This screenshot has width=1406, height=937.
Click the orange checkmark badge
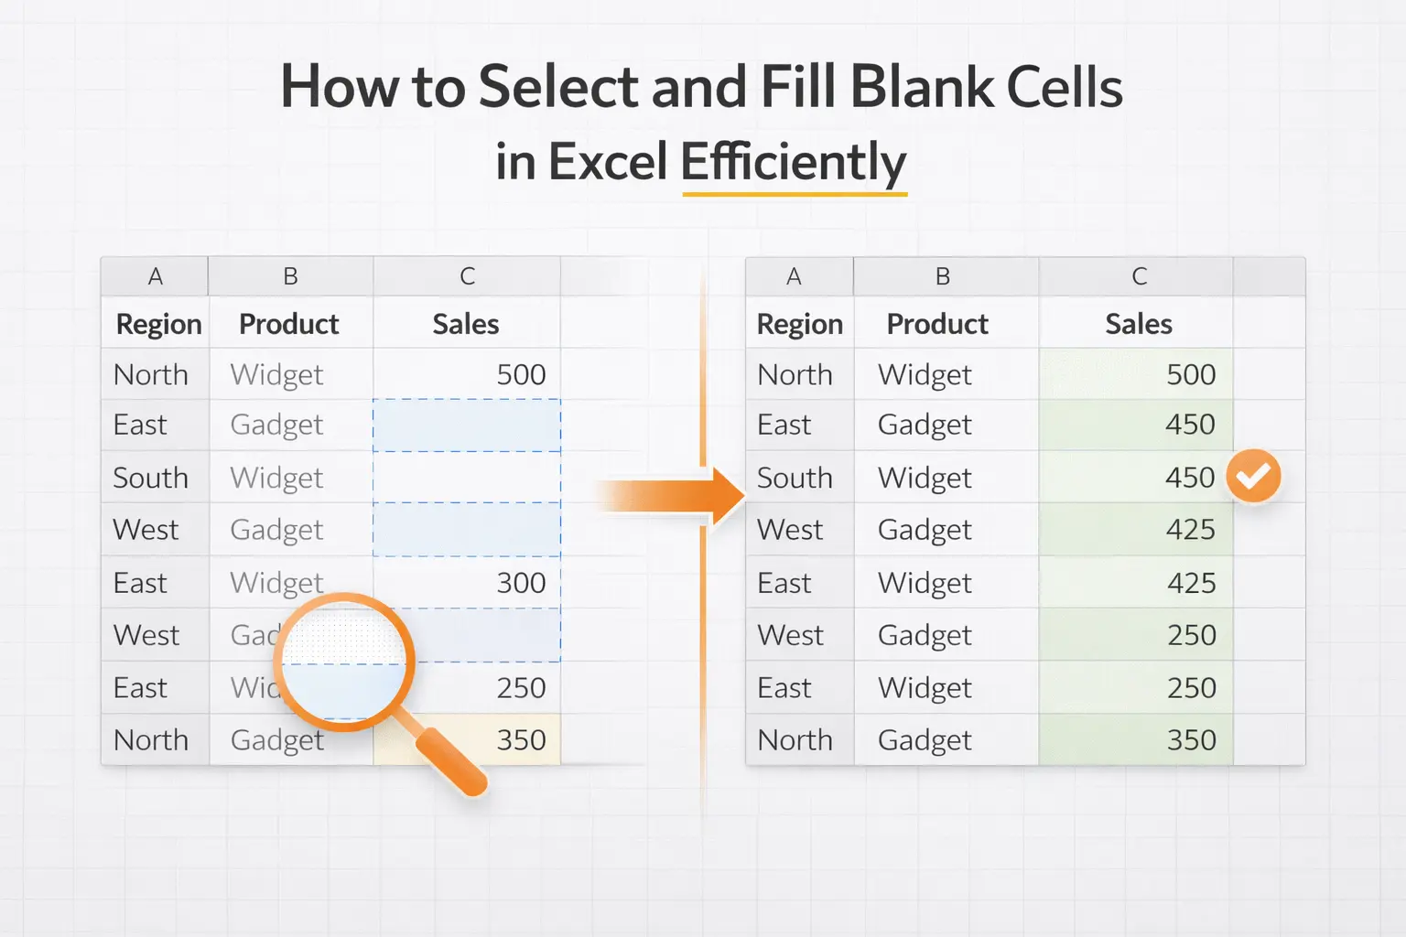pyautogui.click(x=1253, y=476)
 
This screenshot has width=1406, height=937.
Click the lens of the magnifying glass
pyautogui.click(x=345, y=662)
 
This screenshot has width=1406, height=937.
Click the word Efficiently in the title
pyautogui.click(x=793, y=162)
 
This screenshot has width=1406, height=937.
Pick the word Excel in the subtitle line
pyautogui.click(x=608, y=162)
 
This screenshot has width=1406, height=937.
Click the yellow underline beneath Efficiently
pyautogui.click(x=795, y=193)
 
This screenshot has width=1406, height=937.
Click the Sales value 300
pyautogui.click(x=521, y=583)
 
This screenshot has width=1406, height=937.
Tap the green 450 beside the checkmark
pyautogui.click(x=1189, y=477)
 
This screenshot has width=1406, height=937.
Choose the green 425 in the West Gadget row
pyautogui.click(x=1190, y=530)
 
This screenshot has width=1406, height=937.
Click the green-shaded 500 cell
pyautogui.click(x=1190, y=374)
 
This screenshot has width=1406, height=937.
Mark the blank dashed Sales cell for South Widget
pyautogui.click(x=467, y=477)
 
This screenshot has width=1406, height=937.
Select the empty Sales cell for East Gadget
pyautogui.click(x=467, y=425)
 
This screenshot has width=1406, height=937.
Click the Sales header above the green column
pyautogui.click(x=1138, y=324)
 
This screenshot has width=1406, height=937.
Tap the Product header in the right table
pyautogui.click(x=937, y=324)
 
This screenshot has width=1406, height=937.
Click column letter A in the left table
pyautogui.click(x=156, y=276)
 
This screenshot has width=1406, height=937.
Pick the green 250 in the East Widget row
pyautogui.click(x=1191, y=688)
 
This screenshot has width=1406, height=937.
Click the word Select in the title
pyautogui.click(x=558, y=88)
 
